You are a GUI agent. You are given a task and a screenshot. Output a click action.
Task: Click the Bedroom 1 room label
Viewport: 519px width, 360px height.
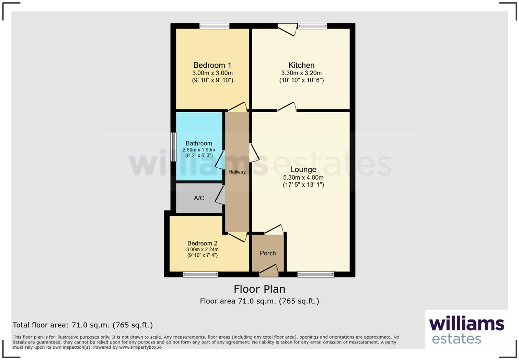tap(212, 65)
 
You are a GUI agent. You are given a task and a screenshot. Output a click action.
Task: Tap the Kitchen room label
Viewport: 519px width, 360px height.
tap(301, 65)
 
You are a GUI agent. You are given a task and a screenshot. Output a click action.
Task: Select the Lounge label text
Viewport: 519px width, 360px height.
tap(303, 170)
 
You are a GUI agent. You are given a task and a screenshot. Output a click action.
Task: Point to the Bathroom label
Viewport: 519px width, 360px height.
tap(199, 143)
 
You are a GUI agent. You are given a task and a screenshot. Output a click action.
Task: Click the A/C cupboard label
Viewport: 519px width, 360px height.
tap(199, 198)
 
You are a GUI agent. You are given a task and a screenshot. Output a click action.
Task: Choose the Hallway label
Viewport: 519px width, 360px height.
tap(237, 172)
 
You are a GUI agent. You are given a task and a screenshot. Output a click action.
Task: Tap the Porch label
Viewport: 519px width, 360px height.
tap(268, 253)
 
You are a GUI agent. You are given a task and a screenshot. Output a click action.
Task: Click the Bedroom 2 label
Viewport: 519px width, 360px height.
tap(202, 243)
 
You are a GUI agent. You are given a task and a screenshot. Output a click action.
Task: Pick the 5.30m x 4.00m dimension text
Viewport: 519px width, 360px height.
tap(303, 178)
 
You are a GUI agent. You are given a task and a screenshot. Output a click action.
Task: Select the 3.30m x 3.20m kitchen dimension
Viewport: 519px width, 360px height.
tap(301, 73)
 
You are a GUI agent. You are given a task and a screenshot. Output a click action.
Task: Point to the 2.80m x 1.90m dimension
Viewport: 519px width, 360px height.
tap(199, 150)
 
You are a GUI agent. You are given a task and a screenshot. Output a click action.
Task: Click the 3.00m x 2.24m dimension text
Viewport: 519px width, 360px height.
tap(202, 249)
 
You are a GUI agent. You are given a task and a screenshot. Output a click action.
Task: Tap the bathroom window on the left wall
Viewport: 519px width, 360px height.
tap(173, 147)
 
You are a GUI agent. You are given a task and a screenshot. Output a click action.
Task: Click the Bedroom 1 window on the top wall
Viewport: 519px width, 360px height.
tap(215, 26)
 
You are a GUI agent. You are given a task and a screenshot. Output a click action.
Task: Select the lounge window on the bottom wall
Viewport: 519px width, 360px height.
tap(316, 274)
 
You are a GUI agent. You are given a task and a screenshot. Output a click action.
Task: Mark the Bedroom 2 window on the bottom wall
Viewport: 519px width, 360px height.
tap(200, 274)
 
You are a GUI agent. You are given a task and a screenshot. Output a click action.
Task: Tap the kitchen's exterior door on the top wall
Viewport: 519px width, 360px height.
tap(287, 29)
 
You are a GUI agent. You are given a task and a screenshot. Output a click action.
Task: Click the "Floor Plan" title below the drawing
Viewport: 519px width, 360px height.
tap(259, 289)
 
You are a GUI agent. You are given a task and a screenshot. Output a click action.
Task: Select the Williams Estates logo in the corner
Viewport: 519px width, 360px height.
tap(466, 330)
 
